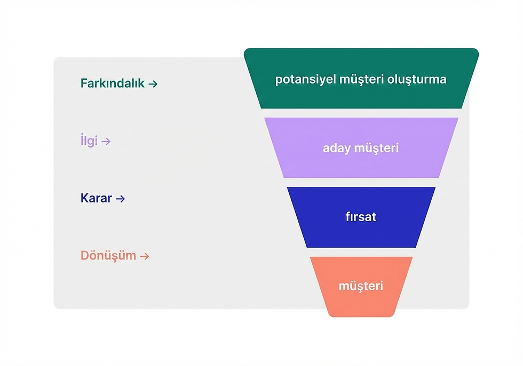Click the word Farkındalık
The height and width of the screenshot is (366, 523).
pyautogui.click(x=113, y=84)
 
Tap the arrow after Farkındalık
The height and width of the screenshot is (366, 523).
pyautogui.click(x=153, y=84)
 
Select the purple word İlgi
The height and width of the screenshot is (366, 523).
pyautogui.click(x=89, y=141)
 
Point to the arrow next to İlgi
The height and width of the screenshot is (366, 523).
pyautogui.click(x=106, y=141)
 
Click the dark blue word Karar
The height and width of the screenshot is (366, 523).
pyautogui.click(x=96, y=198)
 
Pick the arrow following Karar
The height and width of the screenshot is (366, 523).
pyautogui.click(x=120, y=198)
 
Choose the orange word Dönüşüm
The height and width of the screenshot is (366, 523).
pyautogui.click(x=108, y=256)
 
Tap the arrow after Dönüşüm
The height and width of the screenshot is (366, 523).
pyautogui.click(x=144, y=256)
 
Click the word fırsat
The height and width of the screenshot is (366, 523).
pyautogui.click(x=361, y=217)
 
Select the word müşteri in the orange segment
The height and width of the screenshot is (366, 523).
pyautogui.click(x=361, y=286)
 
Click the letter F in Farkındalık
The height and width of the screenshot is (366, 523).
pyautogui.click(x=84, y=84)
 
